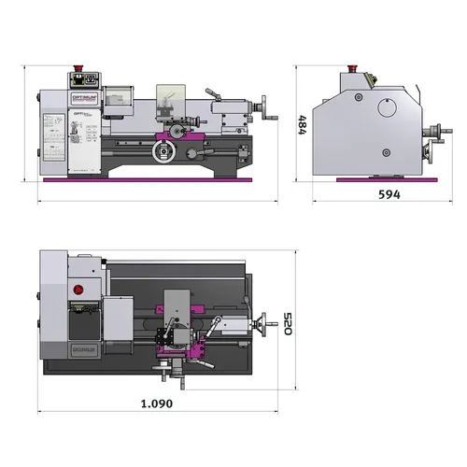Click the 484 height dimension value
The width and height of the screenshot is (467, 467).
[x=302, y=124]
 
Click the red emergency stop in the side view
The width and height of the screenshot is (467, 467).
[x=352, y=68]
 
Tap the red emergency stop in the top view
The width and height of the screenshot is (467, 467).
[x=78, y=290]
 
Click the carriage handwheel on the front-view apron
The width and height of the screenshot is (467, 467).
[x=164, y=150]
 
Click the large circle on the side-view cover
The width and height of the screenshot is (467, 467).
[x=387, y=107]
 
